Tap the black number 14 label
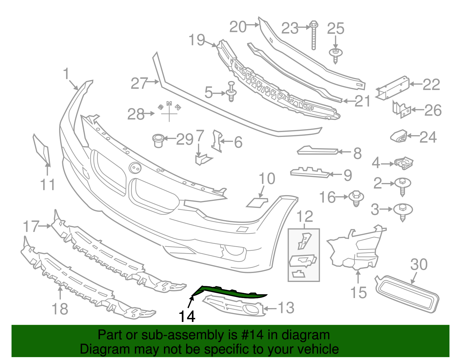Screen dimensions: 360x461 click(x=187, y=316)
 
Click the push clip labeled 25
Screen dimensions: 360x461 click(x=336, y=55)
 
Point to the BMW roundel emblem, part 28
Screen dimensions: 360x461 click(x=169, y=111)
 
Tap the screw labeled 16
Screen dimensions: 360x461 click(x=356, y=198)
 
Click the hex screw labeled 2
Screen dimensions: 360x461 click(x=403, y=186)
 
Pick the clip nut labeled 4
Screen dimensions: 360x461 click(x=405, y=163)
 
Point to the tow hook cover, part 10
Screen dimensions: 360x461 click(x=257, y=202)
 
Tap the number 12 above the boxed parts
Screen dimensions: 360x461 click(x=304, y=216)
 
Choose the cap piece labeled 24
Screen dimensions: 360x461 click(x=399, y=136)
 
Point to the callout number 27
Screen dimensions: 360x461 click(x=139, y=83)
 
